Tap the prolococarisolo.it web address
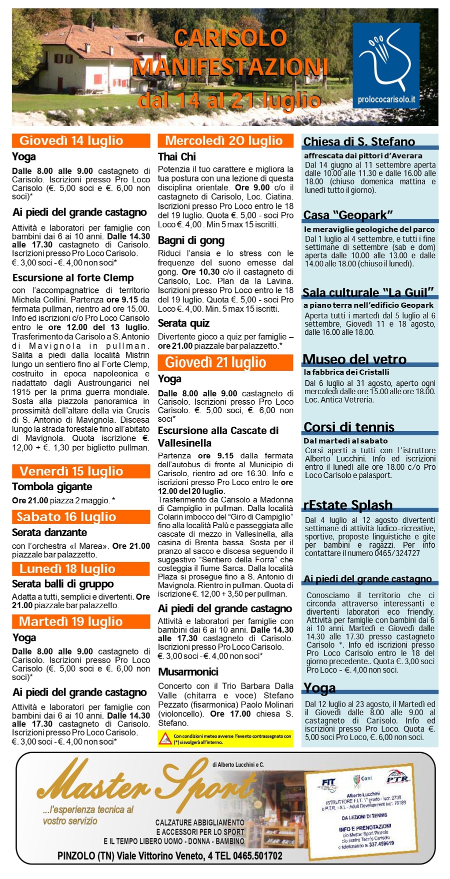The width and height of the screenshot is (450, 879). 386,100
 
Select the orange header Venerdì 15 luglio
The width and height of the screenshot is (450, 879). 81,471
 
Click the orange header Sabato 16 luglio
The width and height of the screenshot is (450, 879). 81,517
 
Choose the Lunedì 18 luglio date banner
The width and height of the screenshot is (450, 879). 81,569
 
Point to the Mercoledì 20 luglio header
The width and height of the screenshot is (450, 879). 225,140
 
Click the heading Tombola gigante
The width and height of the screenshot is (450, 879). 52,487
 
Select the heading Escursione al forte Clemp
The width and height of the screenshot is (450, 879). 73,278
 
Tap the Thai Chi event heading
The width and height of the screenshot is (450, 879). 177,157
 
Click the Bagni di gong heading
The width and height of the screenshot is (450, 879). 191,241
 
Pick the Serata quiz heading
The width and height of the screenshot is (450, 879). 183,323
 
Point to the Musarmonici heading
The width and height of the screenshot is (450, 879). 188,672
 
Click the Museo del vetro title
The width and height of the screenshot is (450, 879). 354,359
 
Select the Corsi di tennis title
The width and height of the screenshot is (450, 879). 349,427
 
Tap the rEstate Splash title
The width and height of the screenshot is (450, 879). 348,505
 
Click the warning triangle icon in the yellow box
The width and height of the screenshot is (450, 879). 165,738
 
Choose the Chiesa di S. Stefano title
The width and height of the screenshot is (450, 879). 359,141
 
